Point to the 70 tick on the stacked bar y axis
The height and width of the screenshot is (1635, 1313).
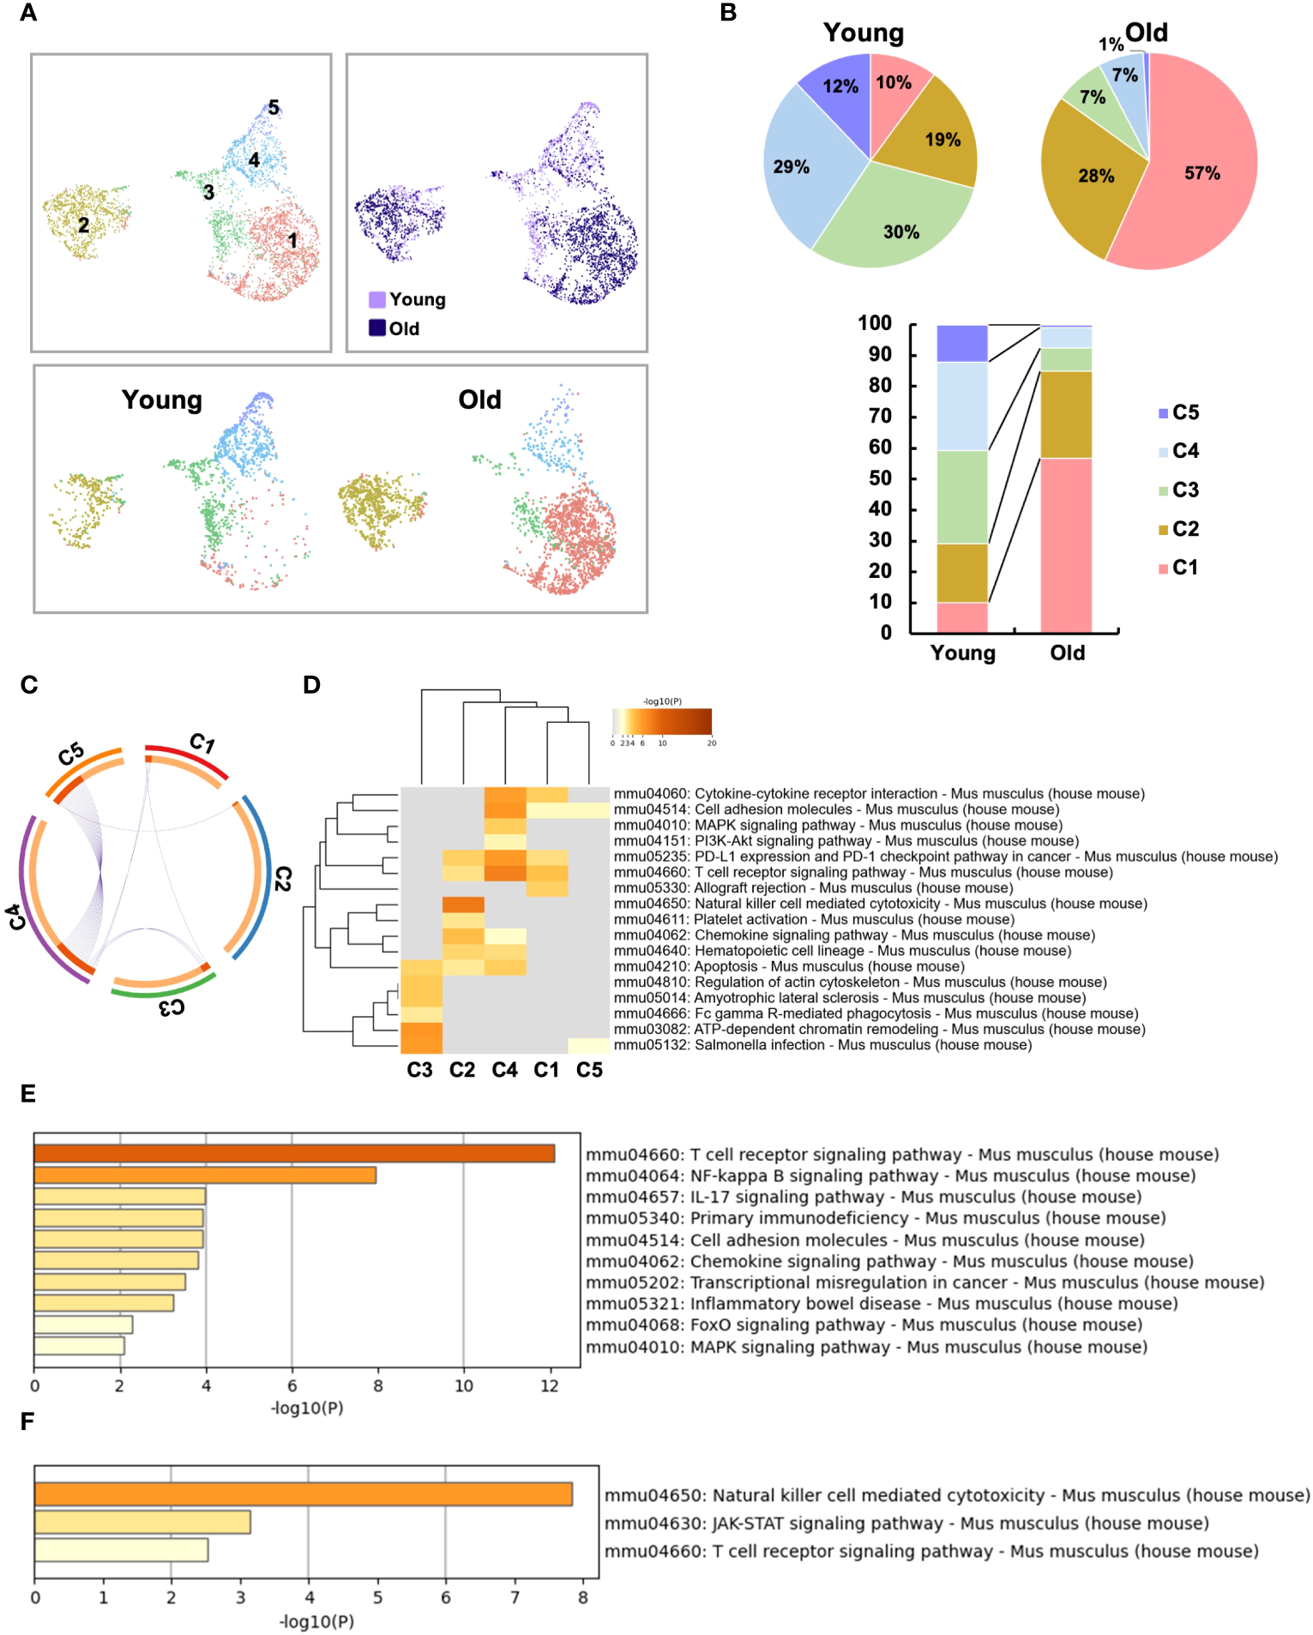coord(880,417)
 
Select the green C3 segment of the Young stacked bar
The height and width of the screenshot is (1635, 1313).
coord(961,497)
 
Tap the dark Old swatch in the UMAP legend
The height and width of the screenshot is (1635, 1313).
coord(377,328)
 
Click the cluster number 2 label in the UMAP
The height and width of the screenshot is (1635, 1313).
coord(83,225)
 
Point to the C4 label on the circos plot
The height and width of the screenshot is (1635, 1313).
coord(15,917)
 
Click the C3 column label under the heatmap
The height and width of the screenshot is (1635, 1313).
coord(419,1070)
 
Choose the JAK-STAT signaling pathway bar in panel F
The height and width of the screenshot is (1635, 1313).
coord(142,1523)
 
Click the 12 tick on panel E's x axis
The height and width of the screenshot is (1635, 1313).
coord(550,1386)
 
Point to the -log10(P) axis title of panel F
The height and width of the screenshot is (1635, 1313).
coord(316,1621)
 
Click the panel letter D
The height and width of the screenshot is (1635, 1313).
coord(311,685)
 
